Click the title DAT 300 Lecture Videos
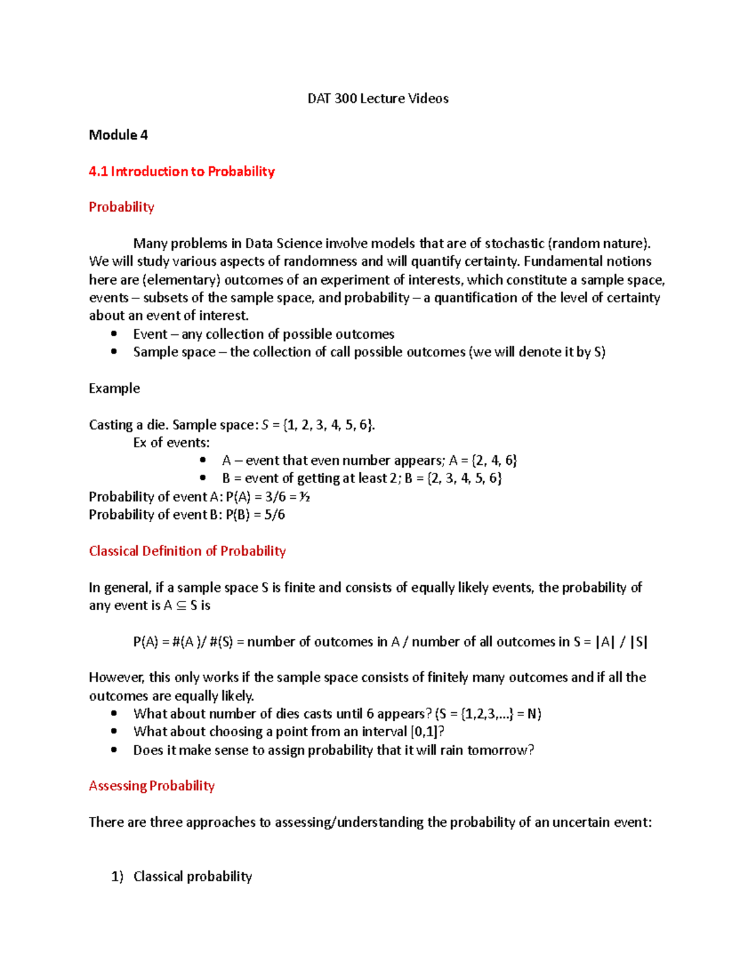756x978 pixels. (x=378, y=98)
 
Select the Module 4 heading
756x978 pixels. (x=118, y=135)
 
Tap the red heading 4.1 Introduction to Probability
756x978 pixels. (x=181, y=171)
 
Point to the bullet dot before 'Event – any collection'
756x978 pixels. (x=113, y=334)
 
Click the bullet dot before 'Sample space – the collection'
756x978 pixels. (x=113, y=351)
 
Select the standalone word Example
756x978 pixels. (x=114, y=388)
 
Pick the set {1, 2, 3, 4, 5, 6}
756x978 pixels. (x=329, y=425)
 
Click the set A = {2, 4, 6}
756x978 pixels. (x=483, y=461)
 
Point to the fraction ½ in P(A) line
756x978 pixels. (x=304, y=497)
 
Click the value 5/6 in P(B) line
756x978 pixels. (x=274, y=515)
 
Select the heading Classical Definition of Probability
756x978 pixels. (x=187, y=551)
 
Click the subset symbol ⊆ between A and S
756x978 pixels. (x=181, y=606)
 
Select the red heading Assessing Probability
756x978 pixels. (x=152, y=786)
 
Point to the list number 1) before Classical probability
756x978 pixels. (x=117, y=877)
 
